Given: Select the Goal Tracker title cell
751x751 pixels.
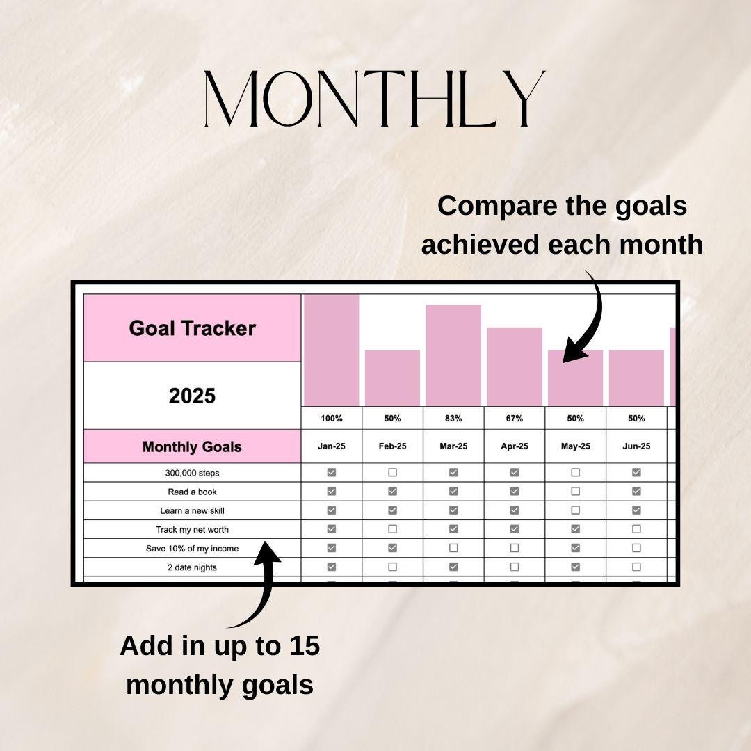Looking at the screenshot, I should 192,328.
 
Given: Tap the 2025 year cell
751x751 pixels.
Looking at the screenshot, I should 192,396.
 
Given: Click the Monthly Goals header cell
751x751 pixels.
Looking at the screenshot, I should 192,446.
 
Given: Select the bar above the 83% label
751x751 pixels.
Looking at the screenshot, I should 453,355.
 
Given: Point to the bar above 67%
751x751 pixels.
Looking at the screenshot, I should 515,366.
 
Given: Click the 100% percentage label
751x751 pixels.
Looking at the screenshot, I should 331,419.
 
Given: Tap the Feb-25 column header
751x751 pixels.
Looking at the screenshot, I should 392,446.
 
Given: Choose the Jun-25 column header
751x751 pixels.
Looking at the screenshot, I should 636,446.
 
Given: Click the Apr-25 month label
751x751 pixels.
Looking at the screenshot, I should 515,446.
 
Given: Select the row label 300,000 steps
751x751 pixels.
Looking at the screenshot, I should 192,473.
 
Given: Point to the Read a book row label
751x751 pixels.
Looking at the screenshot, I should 192,492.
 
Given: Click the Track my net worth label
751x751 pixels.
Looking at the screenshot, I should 192,529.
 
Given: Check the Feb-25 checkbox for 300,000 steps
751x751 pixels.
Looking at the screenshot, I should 392,473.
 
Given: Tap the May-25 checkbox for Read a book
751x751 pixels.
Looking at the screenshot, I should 575,492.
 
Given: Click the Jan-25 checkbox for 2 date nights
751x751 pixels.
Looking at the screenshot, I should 331,567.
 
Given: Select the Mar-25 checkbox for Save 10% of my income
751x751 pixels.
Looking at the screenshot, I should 453,548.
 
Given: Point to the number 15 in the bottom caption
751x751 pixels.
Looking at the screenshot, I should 302,645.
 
